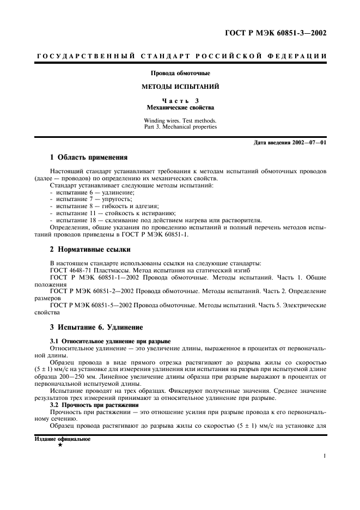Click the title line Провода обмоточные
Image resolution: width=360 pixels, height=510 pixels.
point(180,73)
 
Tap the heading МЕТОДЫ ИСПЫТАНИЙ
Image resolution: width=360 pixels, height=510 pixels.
point(180,87)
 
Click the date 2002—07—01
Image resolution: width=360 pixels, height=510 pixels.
point(309,143)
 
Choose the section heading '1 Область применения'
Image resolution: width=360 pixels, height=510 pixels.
point(89,157)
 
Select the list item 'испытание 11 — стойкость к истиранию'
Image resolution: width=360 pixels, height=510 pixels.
point(112,213)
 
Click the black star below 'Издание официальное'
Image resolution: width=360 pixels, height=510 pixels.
point(59,445)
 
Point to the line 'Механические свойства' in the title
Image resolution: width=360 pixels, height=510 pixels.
point(180,108)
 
